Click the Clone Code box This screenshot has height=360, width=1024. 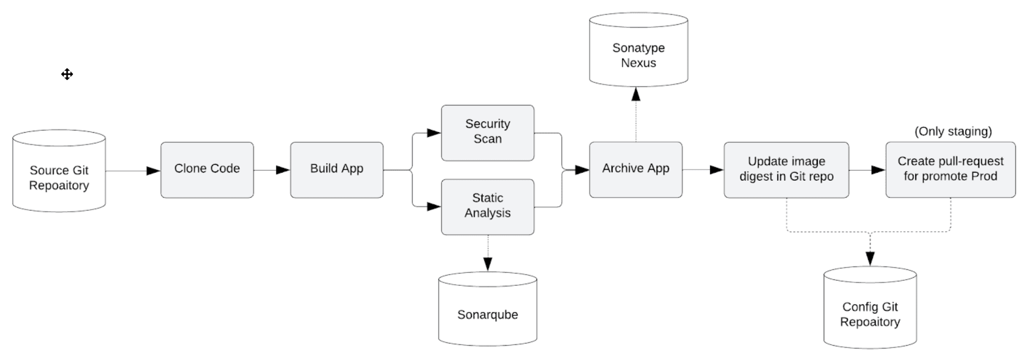[207, 170]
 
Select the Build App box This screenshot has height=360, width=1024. [336, 170]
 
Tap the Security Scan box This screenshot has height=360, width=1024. [488, 133]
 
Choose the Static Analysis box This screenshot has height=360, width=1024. [488, 206]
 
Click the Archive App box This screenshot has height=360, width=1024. [635, 169]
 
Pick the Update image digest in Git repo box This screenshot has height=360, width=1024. [786, 169]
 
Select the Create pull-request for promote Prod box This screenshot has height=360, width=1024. [950, 169]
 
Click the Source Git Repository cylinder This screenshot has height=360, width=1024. [59, 177]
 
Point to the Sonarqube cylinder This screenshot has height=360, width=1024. [488, 314]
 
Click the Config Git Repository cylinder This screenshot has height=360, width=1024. [870, 314]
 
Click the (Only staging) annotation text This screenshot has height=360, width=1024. [953, 131]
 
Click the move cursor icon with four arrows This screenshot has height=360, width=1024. [67, 74]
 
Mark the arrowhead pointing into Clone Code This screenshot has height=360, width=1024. [153, 171]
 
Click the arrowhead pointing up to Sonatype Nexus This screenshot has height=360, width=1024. [636, 94]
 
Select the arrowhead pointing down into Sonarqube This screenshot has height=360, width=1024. [488, 264]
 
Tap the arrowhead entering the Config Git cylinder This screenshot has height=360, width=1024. [870, 258]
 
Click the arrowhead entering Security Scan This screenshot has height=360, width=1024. [434, 133]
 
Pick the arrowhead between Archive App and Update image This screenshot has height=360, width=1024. [716, 169]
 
